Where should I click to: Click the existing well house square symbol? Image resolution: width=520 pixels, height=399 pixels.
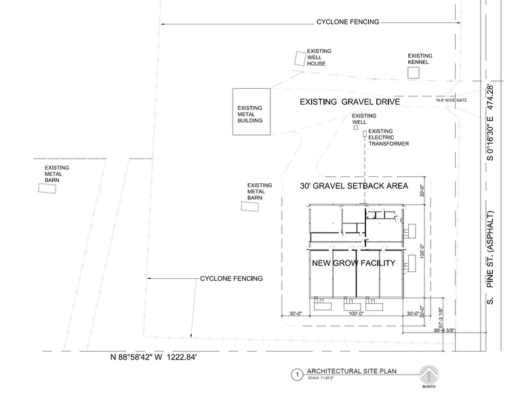coord(299,59)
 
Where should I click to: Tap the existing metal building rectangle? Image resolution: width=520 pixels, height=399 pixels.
coord(251,111)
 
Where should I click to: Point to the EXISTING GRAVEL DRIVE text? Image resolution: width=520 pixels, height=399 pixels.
coord(351,102)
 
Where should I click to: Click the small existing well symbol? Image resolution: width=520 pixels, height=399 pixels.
coord(355,127)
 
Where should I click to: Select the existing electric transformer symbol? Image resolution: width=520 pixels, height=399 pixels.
coord(364,134)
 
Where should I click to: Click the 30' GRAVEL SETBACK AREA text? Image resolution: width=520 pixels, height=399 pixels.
coord(354,185)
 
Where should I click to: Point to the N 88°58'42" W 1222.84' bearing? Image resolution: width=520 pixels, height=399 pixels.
coord(155,357)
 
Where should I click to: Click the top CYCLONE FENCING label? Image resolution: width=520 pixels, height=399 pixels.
coord(348,22)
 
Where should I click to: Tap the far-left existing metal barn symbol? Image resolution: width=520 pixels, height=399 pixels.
coord(47,191)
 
